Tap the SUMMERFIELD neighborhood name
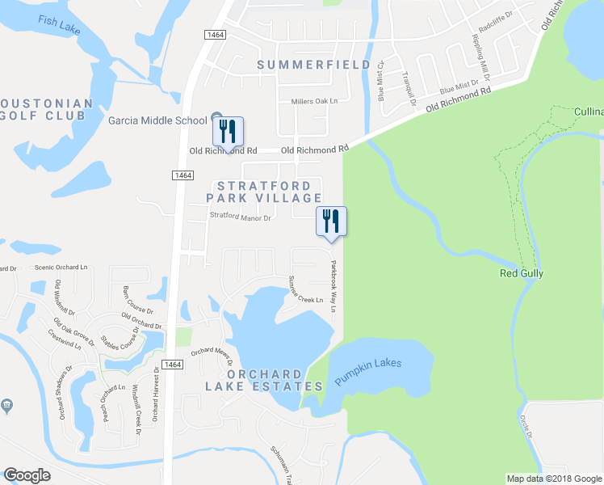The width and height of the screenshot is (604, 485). tap(314, 65)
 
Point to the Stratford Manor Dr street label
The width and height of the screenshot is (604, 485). tap(240, 217)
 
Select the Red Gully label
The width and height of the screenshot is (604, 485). tap(519, 273)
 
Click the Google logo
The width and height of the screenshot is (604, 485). tap(27, 475)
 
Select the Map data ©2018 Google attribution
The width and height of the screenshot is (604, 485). tap(553, 479)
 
